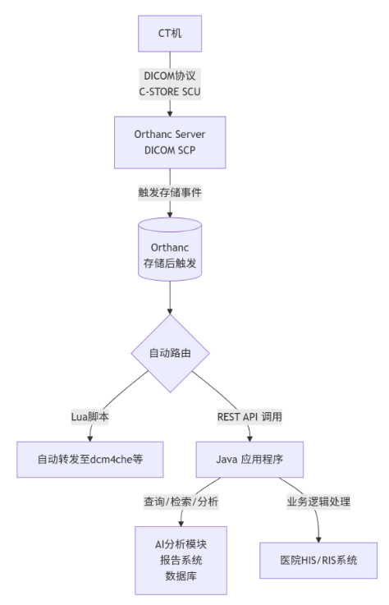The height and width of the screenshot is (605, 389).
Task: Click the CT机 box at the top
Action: pos(169,34)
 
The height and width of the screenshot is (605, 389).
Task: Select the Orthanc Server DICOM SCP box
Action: pos(169,140)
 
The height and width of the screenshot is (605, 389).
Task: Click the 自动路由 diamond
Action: pos(170,354)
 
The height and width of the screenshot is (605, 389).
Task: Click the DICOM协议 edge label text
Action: pos(169,76)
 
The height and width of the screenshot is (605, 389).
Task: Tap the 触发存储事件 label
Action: pos(169,193)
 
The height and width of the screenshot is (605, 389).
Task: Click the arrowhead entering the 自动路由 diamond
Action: pos(170,311)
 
